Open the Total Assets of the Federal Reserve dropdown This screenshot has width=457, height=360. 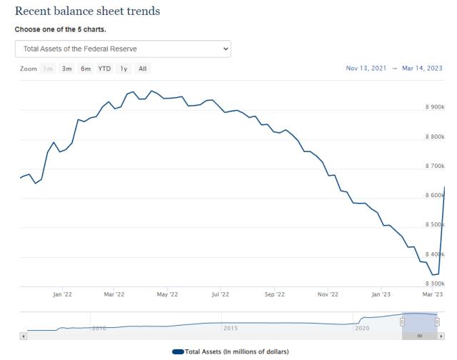click(123, 49)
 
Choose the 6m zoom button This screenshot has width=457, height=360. click(86, 69)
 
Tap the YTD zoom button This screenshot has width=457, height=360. click(104, 69)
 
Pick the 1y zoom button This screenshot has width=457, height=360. click(123, 69)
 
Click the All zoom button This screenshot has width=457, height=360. click(143, 69)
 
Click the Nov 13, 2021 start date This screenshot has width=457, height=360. click(366, 69)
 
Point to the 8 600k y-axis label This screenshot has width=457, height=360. click(433, 195)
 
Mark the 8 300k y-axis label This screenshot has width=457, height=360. click(433, 284)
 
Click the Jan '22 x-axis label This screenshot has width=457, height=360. click(62, 294)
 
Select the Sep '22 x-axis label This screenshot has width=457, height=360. click(274, 294)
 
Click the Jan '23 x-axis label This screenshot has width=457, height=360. click(381, 294)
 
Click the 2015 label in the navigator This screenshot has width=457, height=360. click(231, 328)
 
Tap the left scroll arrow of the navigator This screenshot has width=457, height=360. click(24, 336)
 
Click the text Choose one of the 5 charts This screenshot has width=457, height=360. click(61, 30)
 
